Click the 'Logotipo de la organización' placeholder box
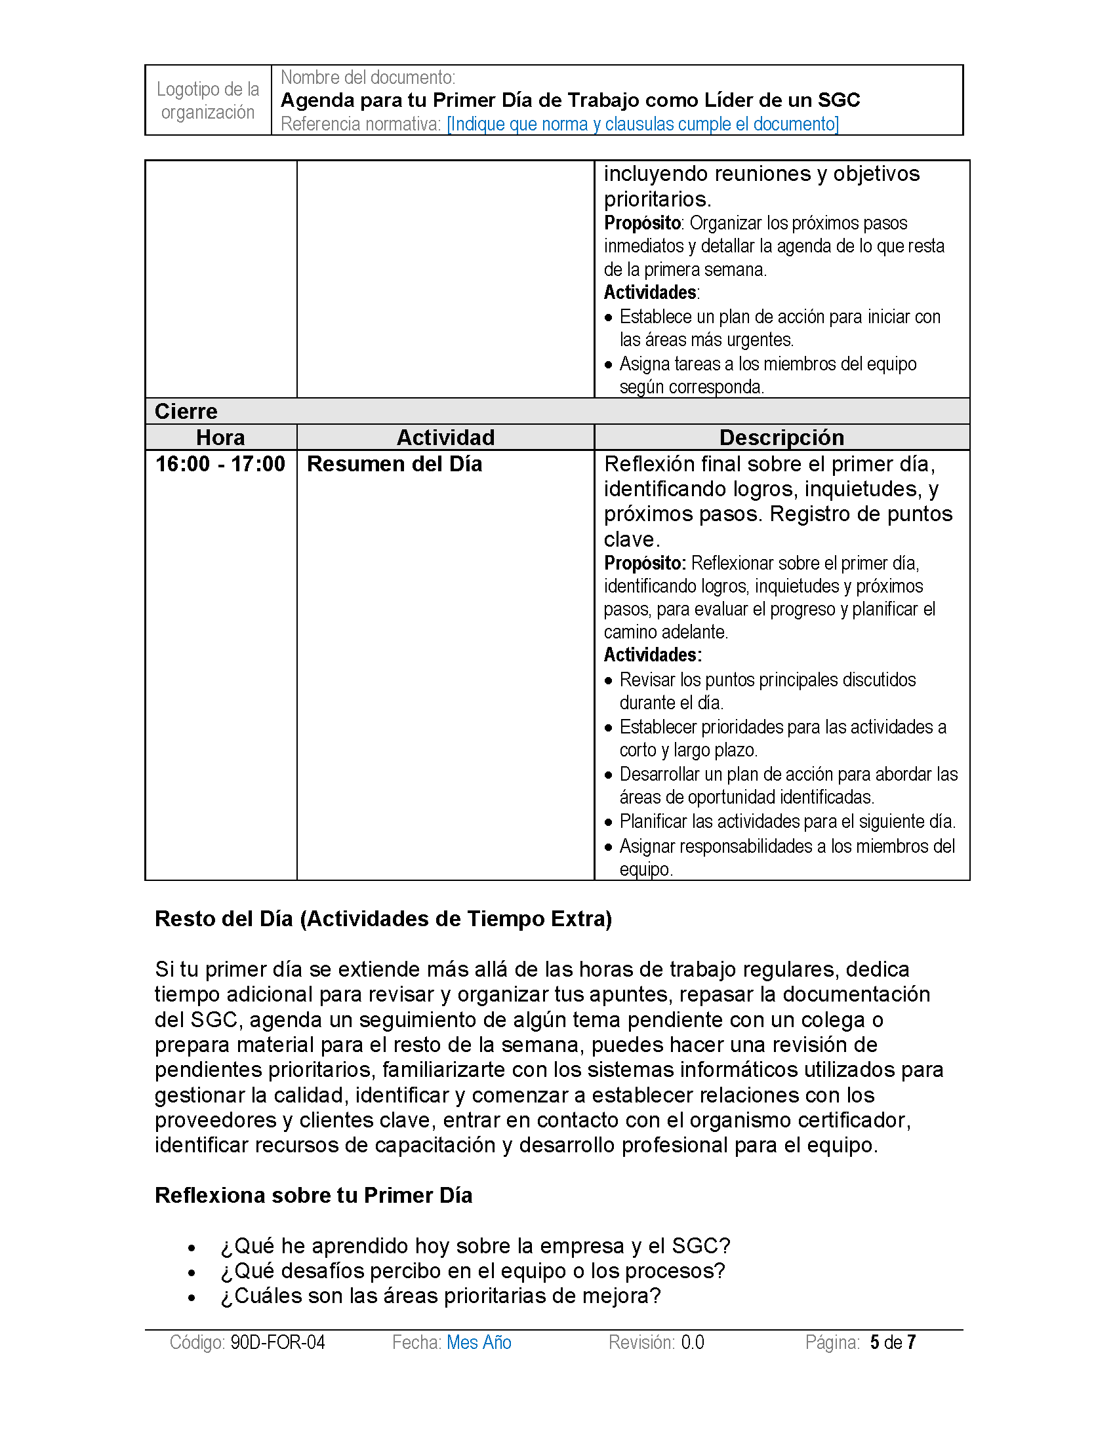(207, 100)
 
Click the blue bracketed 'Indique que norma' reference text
(642, 124)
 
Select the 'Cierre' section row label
(186, 412)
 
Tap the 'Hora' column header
(220, 437)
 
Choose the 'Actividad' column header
(445, 437)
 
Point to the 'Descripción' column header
(781, 437)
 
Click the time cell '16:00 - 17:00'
(220, 464)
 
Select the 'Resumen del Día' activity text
(394, 464)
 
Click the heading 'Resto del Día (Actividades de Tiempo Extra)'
(383, 918)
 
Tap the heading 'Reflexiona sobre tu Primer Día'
(313, 1195)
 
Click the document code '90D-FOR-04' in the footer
(277, 1342)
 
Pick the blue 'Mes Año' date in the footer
(479, 1342)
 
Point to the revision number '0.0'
(692, 1342)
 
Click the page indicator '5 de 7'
(893, 1342)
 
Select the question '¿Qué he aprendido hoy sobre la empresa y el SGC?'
(476, 1246)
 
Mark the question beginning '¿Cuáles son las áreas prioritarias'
(441, 1296)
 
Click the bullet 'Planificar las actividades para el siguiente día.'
(787, 821)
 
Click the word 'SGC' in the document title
(839, 100)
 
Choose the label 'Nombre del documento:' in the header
(368, 77)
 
